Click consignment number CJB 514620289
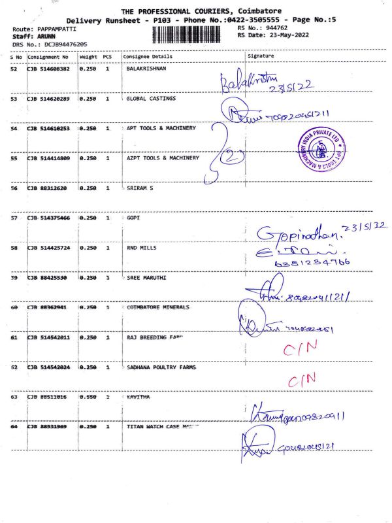coord(49,99)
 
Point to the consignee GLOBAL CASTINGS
coord(152,99)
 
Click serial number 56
coord(14,188)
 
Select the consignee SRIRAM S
coord(140,188)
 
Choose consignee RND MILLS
coord(142,248)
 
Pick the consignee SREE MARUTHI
coord(146,278)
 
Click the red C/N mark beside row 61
coord(301,349)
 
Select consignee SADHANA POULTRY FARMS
coord(161,367)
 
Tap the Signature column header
coord(261,57)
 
